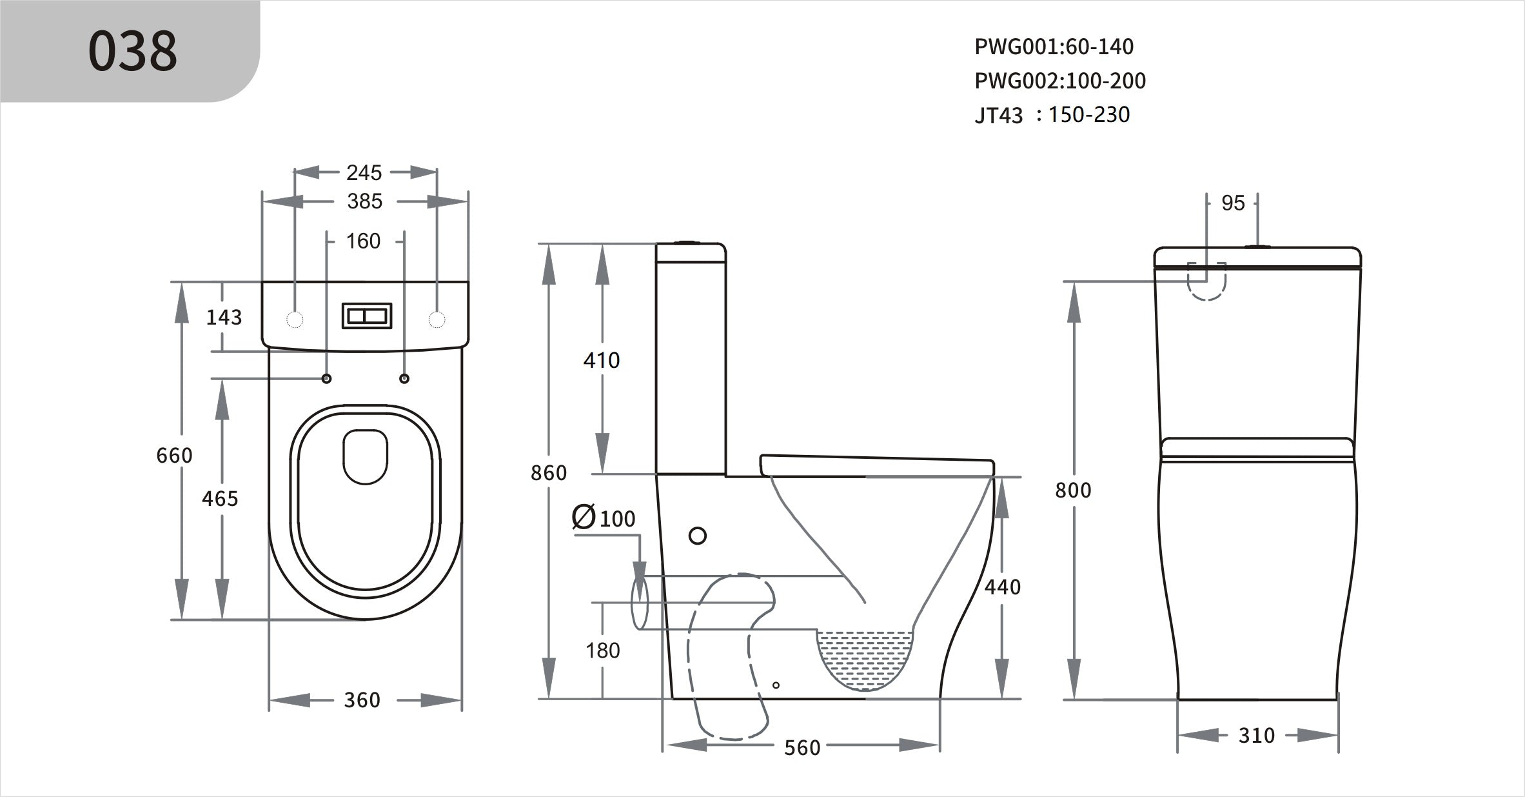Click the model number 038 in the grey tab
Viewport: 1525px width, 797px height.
point(132,50)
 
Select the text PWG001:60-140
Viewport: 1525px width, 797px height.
point(1054,46)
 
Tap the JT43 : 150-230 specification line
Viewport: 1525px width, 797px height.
point(1052,115)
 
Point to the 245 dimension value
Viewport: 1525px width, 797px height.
point(364,172)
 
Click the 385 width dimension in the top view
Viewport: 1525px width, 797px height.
point(364,201)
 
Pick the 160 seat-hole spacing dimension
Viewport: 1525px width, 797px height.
point(363,241)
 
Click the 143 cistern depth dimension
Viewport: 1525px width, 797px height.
point(224,317)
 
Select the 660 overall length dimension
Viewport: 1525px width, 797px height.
point(174,456)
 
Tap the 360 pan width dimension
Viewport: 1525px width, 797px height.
point(362,700)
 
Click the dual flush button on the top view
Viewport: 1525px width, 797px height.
point(366,316)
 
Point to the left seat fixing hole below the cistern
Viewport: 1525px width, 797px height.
point(326,378)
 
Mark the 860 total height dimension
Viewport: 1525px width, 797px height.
point(549,473)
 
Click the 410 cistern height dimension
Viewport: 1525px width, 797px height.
point(602,360)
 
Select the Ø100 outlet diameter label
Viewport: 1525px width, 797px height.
point(604,518)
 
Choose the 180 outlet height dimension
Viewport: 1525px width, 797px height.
point(602,651)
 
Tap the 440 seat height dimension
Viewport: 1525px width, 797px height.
point(1002,587)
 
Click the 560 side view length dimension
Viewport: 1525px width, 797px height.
point(802,747)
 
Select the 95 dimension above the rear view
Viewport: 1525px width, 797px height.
point(1232,203)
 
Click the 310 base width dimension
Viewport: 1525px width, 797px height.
point(1256,736)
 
